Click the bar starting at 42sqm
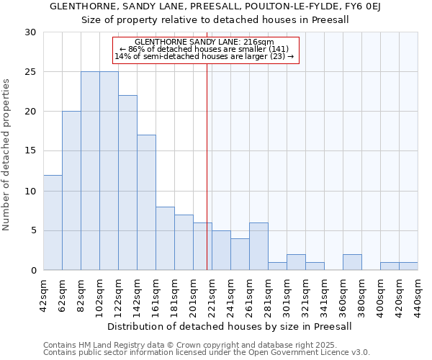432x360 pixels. [53, 222]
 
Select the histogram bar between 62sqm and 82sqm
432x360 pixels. [71, 191]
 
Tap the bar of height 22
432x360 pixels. [127, 183]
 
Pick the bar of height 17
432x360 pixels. [146, 202]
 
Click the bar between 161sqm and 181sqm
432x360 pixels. [165, 238]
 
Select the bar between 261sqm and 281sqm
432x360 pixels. [258, 246]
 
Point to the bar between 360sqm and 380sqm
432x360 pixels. [352, 262]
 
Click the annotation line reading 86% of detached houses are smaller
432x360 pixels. [204, 49]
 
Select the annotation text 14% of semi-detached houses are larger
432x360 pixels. [204, 56]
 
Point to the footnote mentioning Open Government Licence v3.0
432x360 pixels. [207, 353]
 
